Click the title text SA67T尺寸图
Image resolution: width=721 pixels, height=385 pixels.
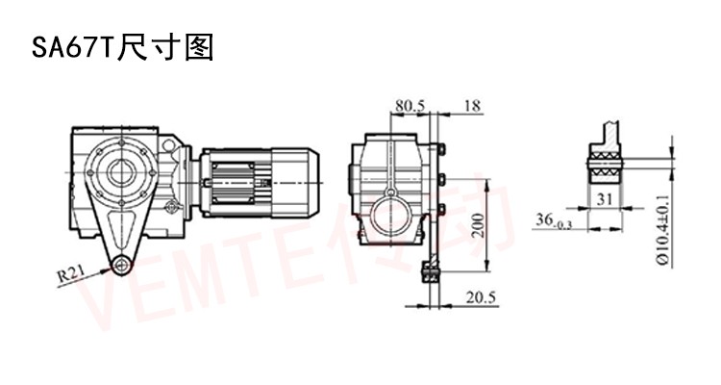(x=123, y=47)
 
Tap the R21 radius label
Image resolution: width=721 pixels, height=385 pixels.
(x=71, y=275)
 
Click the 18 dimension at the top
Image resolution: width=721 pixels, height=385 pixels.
(x=472, y=106)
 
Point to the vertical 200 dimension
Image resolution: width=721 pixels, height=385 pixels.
(x=479, y=225)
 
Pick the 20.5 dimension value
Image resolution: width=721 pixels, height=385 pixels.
(x=482, y=297)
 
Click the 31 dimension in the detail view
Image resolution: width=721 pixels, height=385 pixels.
(x=605, y=199)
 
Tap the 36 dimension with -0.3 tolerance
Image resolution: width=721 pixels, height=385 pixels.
(x=553, y=220)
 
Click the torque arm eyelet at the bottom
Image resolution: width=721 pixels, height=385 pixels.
(x=121, y=266)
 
